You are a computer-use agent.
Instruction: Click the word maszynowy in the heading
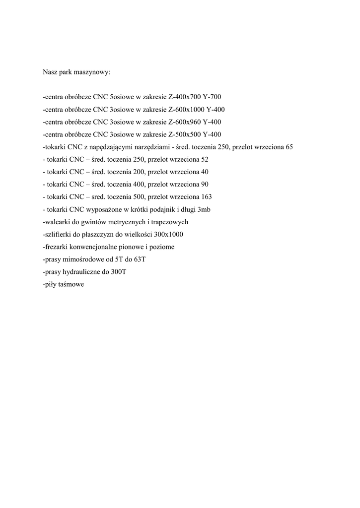(93, 72)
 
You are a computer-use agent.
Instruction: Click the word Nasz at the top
(50, 72)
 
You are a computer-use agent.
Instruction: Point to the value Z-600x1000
(186, 109)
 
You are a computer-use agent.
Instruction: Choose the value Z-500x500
(184, 134)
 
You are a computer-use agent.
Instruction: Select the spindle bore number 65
(289, 147)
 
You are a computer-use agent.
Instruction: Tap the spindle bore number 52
(204, 159)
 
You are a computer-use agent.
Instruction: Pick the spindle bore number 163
(206, 197)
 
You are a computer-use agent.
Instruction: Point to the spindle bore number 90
(204, 185)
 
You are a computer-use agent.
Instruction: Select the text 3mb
(204, 210)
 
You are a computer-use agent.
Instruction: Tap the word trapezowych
(170, 222)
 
